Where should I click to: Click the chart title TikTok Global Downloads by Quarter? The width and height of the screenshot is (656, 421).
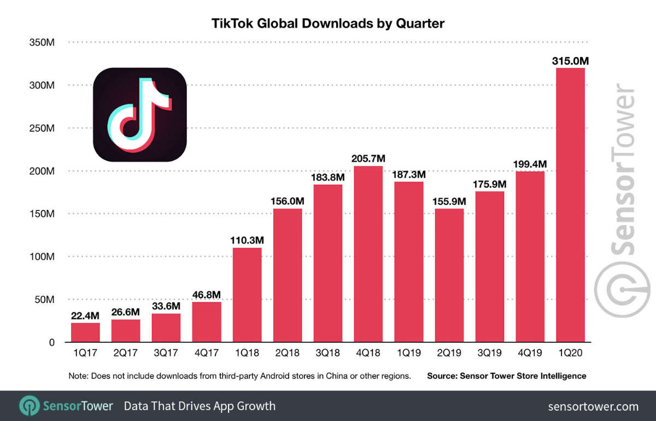[x=328, y=24]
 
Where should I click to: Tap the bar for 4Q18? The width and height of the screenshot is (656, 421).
[x=368, y=254]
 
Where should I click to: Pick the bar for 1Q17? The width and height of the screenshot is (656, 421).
[x=85, y=332]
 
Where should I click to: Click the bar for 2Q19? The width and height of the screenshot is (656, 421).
[x=449, y=276]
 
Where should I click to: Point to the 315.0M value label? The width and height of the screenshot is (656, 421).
[x=570, y=60]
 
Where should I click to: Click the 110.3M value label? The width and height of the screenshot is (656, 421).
[x=247, y=239]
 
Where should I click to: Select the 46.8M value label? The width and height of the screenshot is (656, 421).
[x=207, y=294]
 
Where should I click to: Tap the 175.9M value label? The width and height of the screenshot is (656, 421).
[x=489, y=184]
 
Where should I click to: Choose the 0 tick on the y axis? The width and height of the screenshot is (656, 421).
[x=51, y=342]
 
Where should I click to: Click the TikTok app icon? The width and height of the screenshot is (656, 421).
[x=140, y=114]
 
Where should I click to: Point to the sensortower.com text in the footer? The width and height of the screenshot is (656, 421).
[x=593, y=406]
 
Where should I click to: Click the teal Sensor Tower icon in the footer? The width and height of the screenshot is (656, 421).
[x=28, y=406]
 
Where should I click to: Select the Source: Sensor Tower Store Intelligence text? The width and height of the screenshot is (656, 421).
[x=506, y=376]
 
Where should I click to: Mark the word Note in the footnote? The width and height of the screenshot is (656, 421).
[x=78, y=376]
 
